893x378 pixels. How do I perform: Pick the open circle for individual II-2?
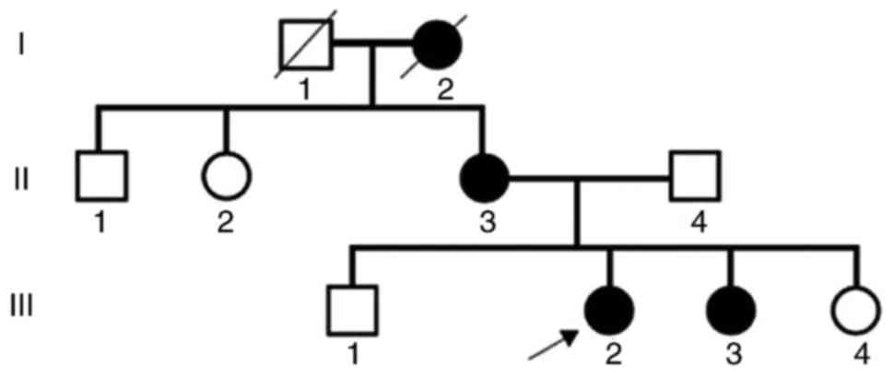(x=227, y=175)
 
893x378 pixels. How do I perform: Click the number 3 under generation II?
(x=485, y=224)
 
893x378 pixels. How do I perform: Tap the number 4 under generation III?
(x=858, y=355)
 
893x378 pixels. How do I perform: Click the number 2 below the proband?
(x=609, y=355)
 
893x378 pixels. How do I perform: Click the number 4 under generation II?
(x=697, y=224)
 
